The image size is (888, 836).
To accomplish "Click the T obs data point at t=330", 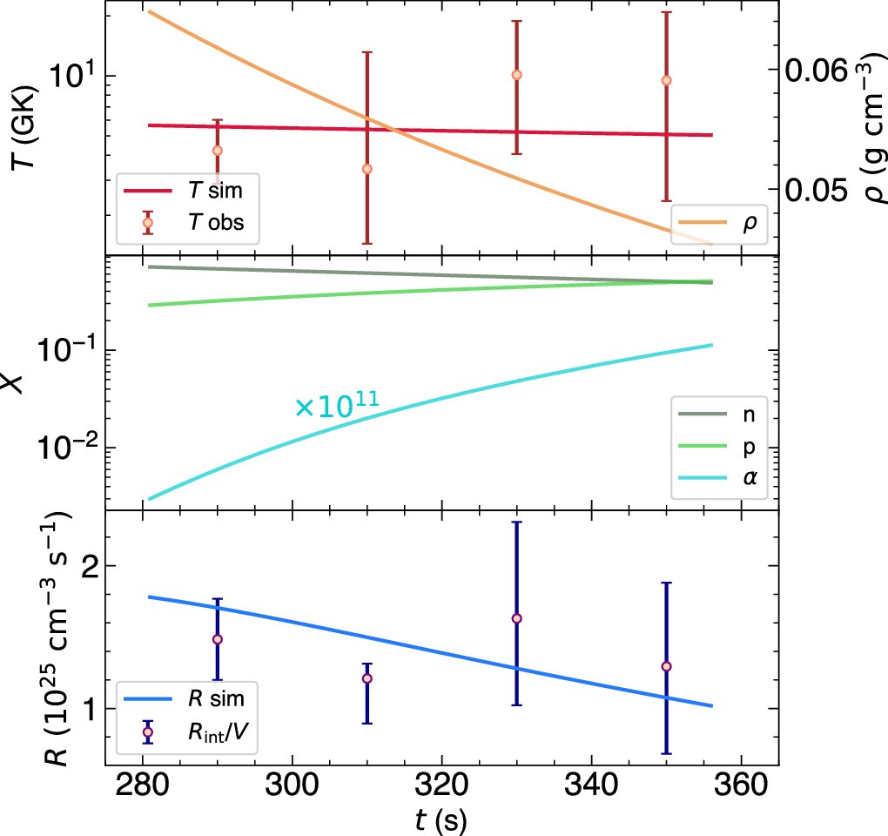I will [x=516, y=75].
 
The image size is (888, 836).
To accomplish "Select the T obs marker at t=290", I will [x=217, y=151].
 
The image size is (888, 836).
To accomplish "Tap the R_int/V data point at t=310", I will [x=367, y=678].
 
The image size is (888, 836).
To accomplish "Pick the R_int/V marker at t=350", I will [x=666, y=666].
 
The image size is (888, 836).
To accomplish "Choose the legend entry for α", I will [x=720, y=475].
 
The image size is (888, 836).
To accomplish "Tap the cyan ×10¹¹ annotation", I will [x=340, y=406].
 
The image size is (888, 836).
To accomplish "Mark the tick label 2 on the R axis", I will [x=81, y=566].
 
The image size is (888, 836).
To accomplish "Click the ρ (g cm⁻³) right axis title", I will [x=866, y=126].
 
